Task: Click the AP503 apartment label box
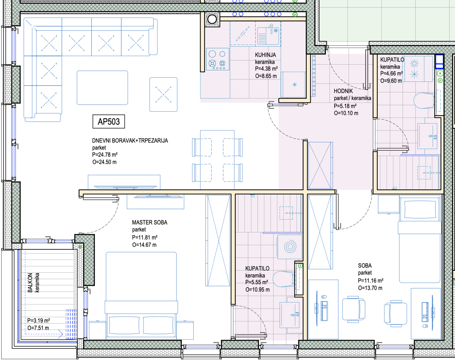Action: (109, 121)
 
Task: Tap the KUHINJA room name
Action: (265, 55)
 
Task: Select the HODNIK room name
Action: (343, 91)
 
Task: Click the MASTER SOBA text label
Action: (150, 223)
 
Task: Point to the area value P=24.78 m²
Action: (105, 155)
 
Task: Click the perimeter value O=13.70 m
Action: (370, 288)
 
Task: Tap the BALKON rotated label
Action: (30, 283)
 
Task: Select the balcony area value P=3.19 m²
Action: (38, 320)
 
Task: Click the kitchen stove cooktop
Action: (218, 59)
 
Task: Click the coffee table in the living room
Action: (102, 88)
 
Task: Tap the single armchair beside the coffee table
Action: (164, 94)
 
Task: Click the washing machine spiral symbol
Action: (290, 247)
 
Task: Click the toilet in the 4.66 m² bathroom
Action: (424, 101)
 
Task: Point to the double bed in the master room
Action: (141, 296)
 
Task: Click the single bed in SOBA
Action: (420, 240)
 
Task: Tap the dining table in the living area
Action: (217, 160)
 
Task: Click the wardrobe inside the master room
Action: (218, 240)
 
